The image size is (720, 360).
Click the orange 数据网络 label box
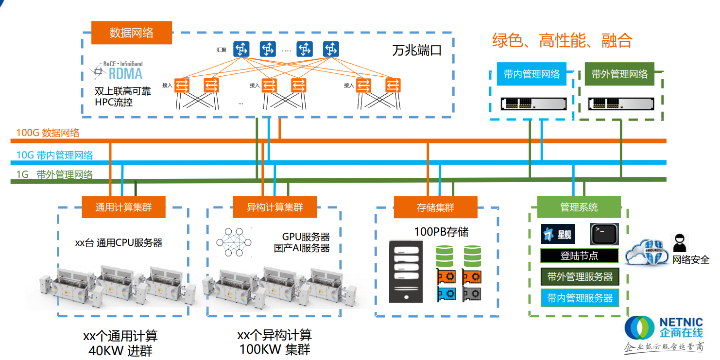pyautogui.click(x=131, y=33)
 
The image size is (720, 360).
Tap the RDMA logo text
pyautogui.click(x=125, y=73)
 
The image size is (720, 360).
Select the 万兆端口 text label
pyautogui.click(x=416, y=51)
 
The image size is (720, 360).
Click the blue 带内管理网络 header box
pyautogui.click(x=531, y=74)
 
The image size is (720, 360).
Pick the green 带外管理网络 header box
pyautogui.click(x=619, y=74)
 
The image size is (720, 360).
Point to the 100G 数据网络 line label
pyautogui.click(x=48, y=133)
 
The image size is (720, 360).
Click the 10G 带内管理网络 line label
pyautogui.click(x=54, y=155)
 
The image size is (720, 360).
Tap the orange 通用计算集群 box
pyautogui.click(x=123, y=207)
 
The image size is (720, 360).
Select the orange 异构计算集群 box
pyautogui.click(x=274, y=207)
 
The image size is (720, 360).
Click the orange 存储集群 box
pyautogui.click(x=435, y=207)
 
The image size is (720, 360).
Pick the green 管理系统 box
pyautogui.click(x=579, y=207)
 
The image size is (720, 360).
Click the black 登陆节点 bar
pyautogui.click(x=579, y=256)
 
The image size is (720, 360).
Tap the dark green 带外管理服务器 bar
pyautogui.click(x=580, y=277)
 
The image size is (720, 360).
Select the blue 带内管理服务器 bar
pyautogui.click(x=580, y=298)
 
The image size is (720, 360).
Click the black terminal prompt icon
pyautogui.click(x=604, y=234)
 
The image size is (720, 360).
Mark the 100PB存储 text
pyautogui.click(x=441, y=232)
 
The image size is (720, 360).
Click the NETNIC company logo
pyautogui.click(x=664, y=329)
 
